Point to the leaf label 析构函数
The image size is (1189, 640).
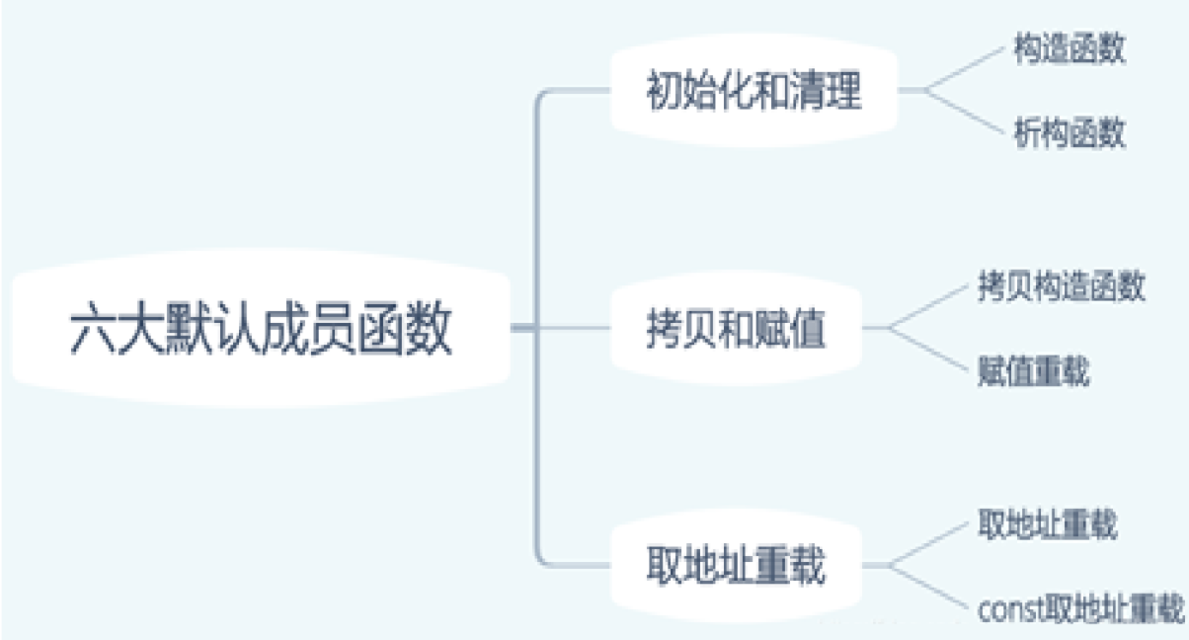pyautogui.click(x=1070, y=133)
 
